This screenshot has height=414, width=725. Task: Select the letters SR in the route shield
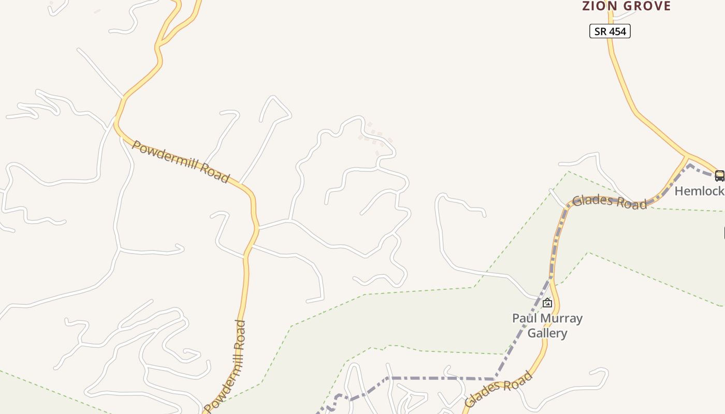coord(600,32)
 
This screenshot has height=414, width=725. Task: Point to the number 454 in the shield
coord(617,32)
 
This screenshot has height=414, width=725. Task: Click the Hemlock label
coord(699,191)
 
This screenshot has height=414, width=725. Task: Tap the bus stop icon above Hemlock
coord(719,175)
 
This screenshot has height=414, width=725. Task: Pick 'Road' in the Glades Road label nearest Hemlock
coord(632,203)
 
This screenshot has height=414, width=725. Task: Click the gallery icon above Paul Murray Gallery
coord(547,303)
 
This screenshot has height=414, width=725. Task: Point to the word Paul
coord(523,318)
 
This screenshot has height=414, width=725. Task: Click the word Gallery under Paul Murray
coord(547,333)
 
